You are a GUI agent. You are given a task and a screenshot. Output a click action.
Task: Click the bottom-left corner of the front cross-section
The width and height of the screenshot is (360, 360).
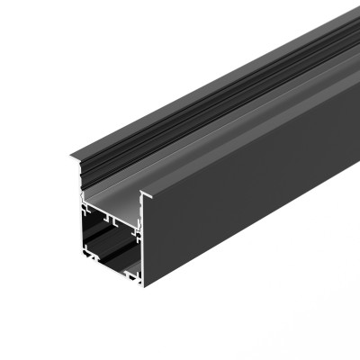tap(84, 258)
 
